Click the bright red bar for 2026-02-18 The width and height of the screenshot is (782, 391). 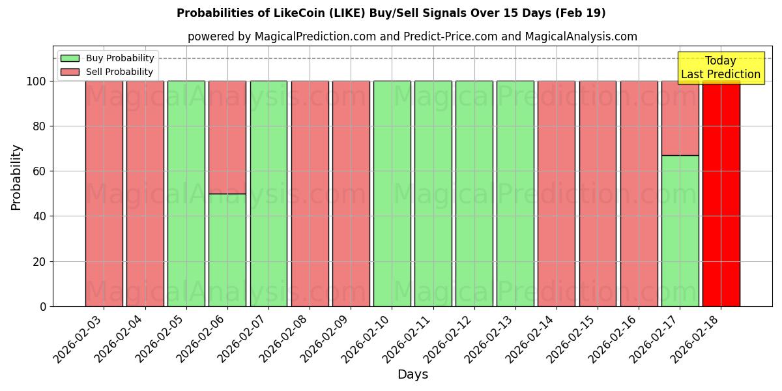(721, 195)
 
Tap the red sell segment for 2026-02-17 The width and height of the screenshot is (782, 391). (680, 118)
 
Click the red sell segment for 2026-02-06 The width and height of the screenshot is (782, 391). (227, 137)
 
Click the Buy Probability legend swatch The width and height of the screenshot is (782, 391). (70, 58)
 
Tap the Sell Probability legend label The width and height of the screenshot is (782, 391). (119, 72)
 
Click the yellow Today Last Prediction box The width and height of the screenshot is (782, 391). (720, 68)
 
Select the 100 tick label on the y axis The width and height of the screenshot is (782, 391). (36, 81)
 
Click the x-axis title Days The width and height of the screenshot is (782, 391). (413, 375)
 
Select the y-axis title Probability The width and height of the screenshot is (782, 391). (16, 177)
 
